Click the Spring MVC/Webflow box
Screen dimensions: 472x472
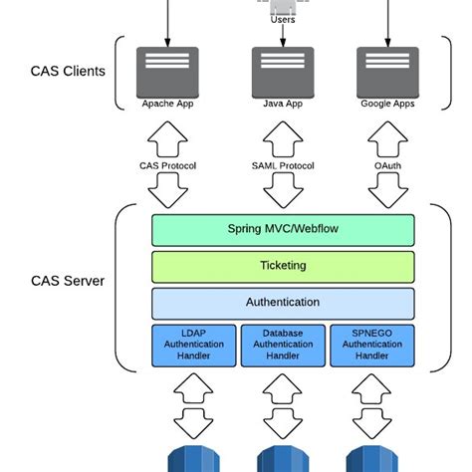pyautogui.click(x=283, y=230)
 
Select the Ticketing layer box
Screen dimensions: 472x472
pyautogui.click(x=283, y=266)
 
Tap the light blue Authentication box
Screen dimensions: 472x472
pyautogui.click(x=283, y=303)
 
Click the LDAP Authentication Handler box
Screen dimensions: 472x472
pyautogui.click(x=194, y=345)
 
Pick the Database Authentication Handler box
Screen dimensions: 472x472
pyautogui.click(x=283, y=345)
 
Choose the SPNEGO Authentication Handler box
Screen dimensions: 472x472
pyautogui.click(x=371, y=345)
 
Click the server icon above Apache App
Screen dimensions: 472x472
pyautogui.click(x=166, y=69)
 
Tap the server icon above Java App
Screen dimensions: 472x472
pyautogui.click(x=283, y=69)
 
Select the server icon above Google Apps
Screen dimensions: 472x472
pyautogui.click(x=387, y=69)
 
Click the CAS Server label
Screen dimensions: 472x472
pyautogui.click(x=68, y=281)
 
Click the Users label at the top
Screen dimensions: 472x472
pyautogui.click(x=283, y=19)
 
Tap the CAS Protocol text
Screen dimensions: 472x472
pyautogui.click(x=166, y=166)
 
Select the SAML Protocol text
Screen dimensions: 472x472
pyautogui.click(x=283, y=166)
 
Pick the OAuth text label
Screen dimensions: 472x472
pyautogui.click(x=387, y=166)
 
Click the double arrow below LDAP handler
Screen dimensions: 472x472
pyautogui.click(x=194, y=404)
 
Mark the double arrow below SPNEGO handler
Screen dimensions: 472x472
pyautogui.click(x=371, y=404)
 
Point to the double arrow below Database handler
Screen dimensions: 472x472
pyautogui.click(x=283, y=404)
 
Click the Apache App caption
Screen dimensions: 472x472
pyautogui.click(x=166, y=104)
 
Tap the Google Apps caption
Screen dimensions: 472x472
pyautogui.click(x=387, y=104)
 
